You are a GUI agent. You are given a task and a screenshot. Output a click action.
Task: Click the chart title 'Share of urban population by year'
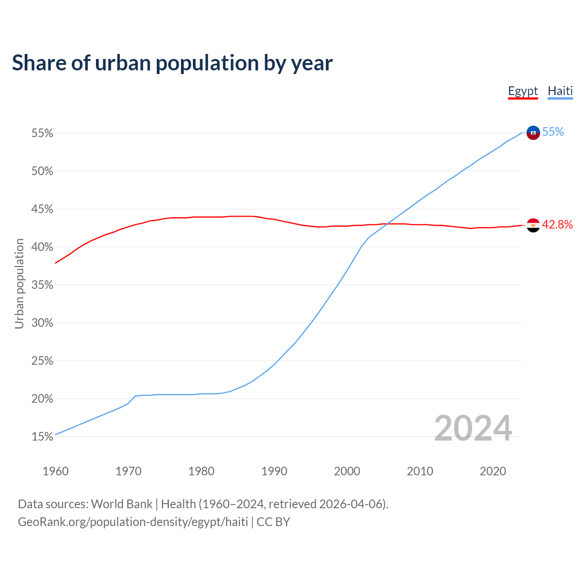click(172, 63)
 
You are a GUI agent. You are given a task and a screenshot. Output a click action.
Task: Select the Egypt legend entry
click(523, 91)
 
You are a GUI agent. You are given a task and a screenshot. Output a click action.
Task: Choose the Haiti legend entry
click(560, 91)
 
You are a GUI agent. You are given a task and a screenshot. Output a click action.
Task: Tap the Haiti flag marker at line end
click(533, 133)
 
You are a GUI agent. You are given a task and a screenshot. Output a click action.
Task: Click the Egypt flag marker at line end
click(533, 225)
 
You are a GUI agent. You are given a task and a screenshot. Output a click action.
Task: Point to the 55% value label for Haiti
click(553, 132)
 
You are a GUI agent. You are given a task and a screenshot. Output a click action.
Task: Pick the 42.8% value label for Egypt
click(557, 224)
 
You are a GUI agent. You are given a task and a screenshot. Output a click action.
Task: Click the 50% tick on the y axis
click(42, 171)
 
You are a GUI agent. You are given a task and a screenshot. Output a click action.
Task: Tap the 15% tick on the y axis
click(42, 437)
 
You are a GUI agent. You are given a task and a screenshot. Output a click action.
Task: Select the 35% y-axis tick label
click(42, 285)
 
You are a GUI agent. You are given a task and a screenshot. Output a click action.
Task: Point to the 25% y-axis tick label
click(42, 361)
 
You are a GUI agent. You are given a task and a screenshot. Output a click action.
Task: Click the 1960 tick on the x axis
click(55, 471)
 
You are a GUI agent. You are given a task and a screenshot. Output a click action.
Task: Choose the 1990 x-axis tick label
click(274, 471)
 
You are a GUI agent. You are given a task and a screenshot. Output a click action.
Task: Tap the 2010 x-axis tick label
click(420, 471)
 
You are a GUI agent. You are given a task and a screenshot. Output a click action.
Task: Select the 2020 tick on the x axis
click(493, 471)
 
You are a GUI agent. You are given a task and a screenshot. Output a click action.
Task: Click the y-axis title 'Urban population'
click(19, 283)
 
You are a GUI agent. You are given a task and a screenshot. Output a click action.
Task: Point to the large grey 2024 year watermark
click(473, 428)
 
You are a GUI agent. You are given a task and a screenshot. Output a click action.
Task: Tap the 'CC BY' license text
click(273, 522)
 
